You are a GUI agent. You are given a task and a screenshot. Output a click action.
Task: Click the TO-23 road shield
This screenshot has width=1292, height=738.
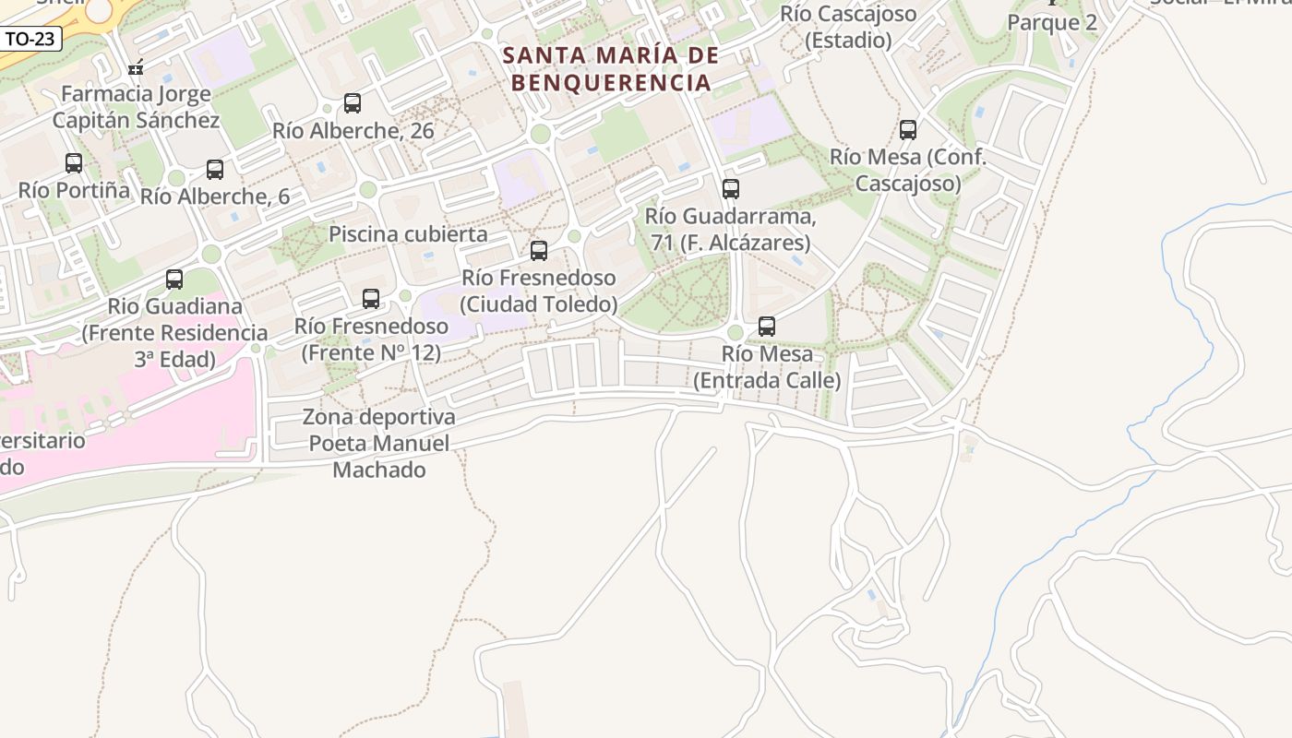tap(30, 39)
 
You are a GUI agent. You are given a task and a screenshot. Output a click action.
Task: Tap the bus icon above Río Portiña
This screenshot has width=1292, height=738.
tap(74, 163)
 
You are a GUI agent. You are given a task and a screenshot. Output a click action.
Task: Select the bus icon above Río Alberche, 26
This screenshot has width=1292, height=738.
tap(353, 102)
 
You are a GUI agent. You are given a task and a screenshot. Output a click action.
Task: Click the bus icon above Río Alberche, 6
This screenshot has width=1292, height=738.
tap(215, 169)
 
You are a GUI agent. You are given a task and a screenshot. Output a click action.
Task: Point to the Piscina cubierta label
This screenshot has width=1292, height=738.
tap(408, 234)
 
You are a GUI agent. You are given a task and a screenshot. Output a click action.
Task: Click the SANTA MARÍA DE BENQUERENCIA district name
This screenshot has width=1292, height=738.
tap(611, 69)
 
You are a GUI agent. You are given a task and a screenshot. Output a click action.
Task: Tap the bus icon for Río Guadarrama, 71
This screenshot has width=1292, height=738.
tap(731, 189)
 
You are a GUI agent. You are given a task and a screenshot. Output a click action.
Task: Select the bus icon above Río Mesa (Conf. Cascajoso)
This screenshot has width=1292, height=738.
tap(908, 130)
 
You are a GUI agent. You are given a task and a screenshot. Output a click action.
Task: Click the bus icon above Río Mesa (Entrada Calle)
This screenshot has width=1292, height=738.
tap(767, 326)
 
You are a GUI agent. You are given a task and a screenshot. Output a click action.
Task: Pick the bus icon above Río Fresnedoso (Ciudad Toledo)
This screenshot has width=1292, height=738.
tap(539, 250)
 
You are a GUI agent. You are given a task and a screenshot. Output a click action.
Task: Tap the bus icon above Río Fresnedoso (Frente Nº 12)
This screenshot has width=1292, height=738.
tap(371, 298)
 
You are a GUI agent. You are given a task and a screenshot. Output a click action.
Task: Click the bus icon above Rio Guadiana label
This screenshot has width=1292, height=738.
tap(174, 279)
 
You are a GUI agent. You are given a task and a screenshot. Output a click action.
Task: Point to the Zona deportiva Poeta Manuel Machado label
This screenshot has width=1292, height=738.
tap(379, 444)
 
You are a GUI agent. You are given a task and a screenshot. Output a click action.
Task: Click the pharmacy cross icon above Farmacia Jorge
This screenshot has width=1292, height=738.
tap(136, 67)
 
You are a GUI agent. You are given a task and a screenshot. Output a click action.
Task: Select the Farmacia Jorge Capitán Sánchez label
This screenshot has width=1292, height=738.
tap(136, 107)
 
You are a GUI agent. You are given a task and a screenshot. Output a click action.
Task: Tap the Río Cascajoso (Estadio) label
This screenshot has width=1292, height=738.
tap(848, 27)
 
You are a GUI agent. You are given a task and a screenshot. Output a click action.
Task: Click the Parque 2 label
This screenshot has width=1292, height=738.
tap(1052, 23)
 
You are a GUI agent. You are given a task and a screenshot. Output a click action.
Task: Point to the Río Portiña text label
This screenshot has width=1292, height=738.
tap(74, 190)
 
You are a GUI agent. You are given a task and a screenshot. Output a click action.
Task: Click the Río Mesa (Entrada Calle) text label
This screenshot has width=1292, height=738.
tap(767, 367)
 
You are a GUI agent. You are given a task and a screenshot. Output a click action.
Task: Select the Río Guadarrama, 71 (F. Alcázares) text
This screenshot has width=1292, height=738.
tap(729, 230)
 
